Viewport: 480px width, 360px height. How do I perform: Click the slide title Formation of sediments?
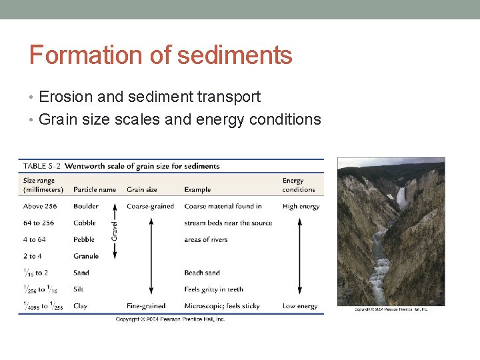point(161,55)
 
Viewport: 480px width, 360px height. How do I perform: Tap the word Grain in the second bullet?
point(58,120)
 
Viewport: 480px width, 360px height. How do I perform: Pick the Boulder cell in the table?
point(86,207)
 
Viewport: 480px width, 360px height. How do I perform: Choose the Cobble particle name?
point(85,223)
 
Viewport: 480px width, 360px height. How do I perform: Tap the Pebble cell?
point(84,240)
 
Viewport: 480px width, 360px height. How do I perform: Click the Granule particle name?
point(86,257)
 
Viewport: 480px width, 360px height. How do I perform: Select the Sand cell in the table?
point(81,273)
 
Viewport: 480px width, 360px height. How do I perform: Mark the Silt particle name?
point(79,290)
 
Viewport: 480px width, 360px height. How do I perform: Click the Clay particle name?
point(81,307)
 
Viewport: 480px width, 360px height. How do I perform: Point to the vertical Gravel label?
point(115,231)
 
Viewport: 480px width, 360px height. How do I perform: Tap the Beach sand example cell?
point(202,273)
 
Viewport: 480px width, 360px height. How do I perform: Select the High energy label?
point(301,207)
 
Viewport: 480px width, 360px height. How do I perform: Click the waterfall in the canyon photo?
point(401,199)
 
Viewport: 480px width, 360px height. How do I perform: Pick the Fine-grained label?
point(146,307)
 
